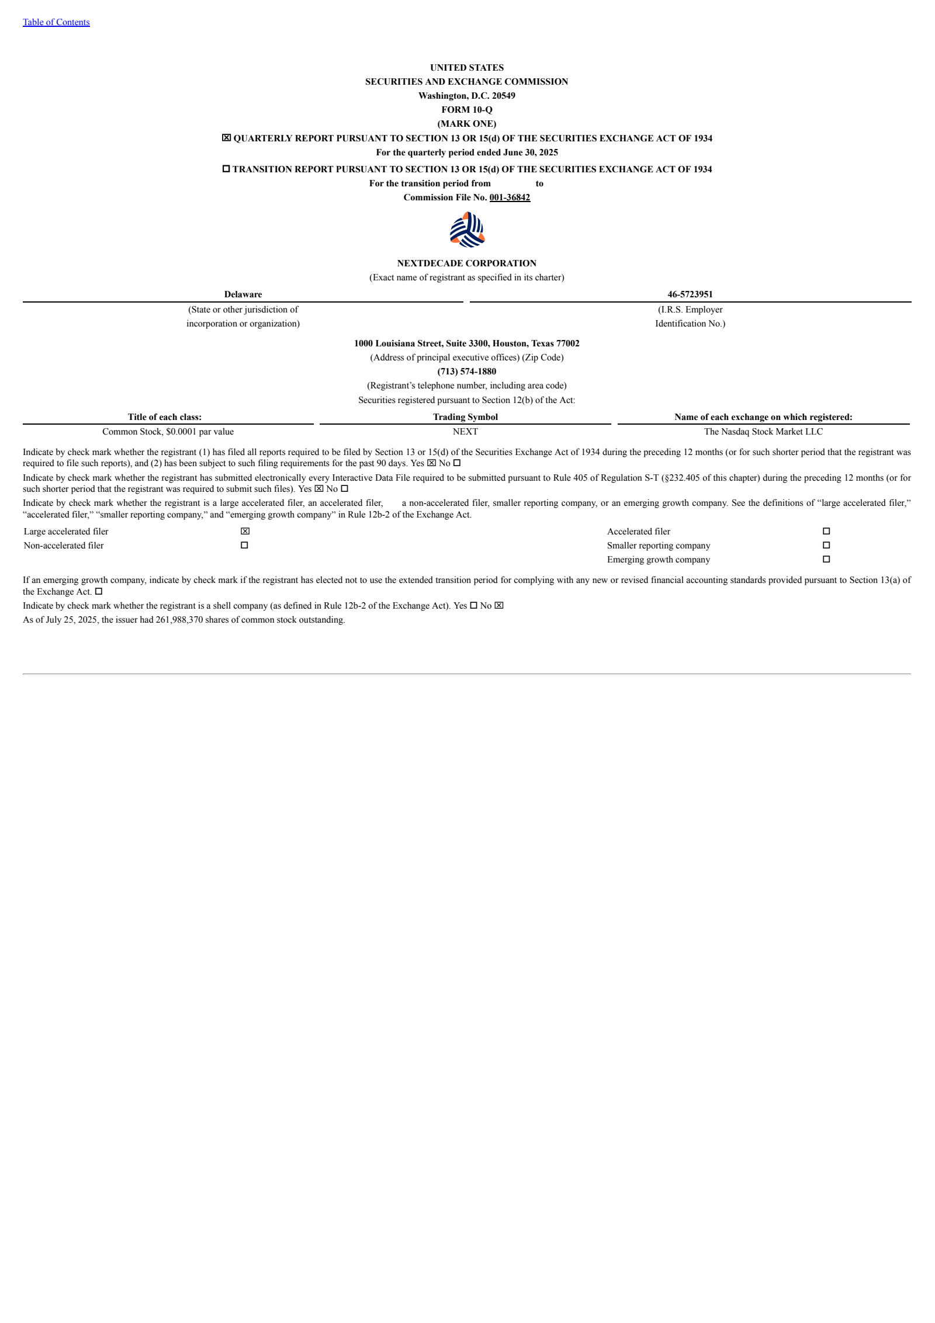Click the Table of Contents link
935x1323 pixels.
pyautogui.click(x=56, y=22)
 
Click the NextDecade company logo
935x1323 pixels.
pyautogui.click(x=467, y=230)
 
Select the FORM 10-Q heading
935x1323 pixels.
pyautogui.click(x=467, y=110)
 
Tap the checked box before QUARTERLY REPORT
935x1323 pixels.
pyautogui.click(x=226, y=138)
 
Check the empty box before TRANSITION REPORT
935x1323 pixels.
pyautogui.click(x=226, y=169)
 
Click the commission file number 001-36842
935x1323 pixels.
pyautogui.click(x=510, y=197)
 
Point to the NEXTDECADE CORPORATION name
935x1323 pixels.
pyautogui.click(x=467, y=263)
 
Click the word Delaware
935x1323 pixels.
pyautogui.click(x=243, y=294)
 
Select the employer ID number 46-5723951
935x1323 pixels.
pyautogui.click(x=690, y=294)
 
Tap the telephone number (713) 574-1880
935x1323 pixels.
pyautogui.click(x=467, y=371)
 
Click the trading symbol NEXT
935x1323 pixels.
pyautogui.click(x=465, y=432)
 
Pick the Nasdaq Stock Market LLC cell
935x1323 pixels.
pyautogui.click(x=763, y=432)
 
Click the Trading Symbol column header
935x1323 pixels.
pyautogui.click(x=465, y=417)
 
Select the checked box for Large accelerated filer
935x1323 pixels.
pyautogui.click(x=245, y=531)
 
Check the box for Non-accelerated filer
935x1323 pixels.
pyautogui.click(x=244, y=545)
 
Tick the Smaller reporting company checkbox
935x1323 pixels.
pyautogui.click(x=826, y=545)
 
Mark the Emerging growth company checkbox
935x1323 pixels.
pyautogui.click(x=826, y=559)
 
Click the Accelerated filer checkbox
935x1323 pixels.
pyautogui.click(x=826, y=531)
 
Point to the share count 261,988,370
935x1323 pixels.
pyautogui.click(x=179, y=620)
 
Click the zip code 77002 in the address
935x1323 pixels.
pyautogui.click(x=568, y=343)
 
